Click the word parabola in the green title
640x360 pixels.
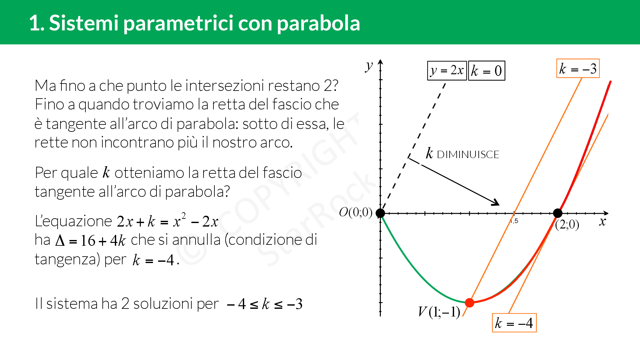click(318, 23)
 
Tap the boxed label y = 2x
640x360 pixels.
click(447, 70)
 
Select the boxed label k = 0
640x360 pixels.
click(486, 71)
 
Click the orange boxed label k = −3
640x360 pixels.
click(578, 68)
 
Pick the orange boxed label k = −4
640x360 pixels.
click(514, 323)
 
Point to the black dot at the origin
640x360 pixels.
click(380, 213)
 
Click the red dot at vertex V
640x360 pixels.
click(469, 302)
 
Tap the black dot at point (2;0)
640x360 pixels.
click(558, 213)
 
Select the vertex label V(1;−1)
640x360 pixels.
click(439, 312)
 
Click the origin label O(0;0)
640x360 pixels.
click(356, 212)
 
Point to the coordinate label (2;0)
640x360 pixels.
click(567, 225)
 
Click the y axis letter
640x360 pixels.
click(369, 66)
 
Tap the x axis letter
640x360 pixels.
click(603, 221)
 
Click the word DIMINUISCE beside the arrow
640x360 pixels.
click(468, 155)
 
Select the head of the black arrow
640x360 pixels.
click(499, 204)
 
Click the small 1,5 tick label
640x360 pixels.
click(514, 221)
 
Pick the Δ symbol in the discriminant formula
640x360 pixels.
click(60, 240)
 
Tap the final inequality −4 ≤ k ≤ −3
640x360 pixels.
click(264, 304)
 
